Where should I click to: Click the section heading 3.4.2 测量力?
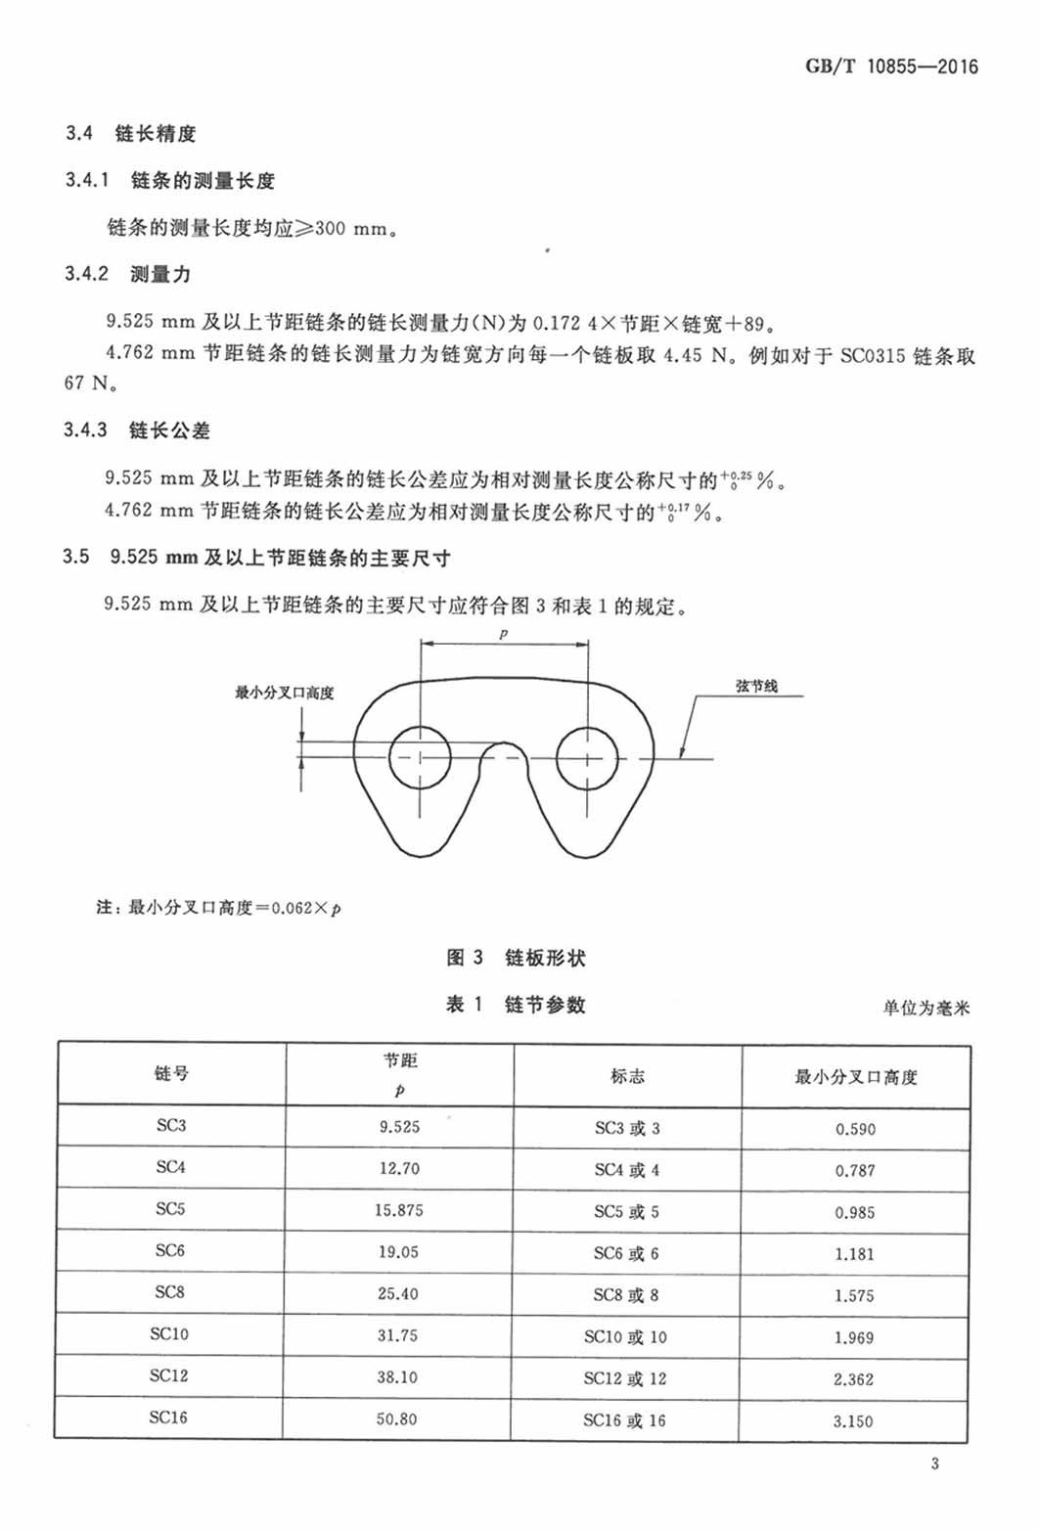[x=128, y=274]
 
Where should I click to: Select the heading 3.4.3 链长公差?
[x=137, y=430]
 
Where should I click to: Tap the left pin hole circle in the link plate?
[x=421, y=757]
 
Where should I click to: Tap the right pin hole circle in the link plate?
[x=587, y=757]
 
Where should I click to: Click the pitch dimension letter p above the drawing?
[x=504, y=634]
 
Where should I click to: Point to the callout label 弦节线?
[x=756, y=686]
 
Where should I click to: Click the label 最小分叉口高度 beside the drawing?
[x=284, y=693]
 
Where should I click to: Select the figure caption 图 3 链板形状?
[x=516, y=958]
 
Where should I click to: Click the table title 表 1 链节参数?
[x=516, y=1005]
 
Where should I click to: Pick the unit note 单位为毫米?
[x=926, y=1008]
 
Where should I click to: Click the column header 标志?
[x=627, y=1076]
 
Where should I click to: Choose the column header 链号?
[x=171, y=1074]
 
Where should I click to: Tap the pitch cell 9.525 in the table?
[x=399, y=1127]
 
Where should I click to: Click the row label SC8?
[x=169, y=1292]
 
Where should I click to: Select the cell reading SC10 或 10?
[x=625, y=1336]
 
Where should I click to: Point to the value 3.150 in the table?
[x=853, y=1421]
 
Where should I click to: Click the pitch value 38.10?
[x=397, y=1377]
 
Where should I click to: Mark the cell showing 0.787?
[x=855, y=1171]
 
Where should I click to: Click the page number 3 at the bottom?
[x=935, y=1464]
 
